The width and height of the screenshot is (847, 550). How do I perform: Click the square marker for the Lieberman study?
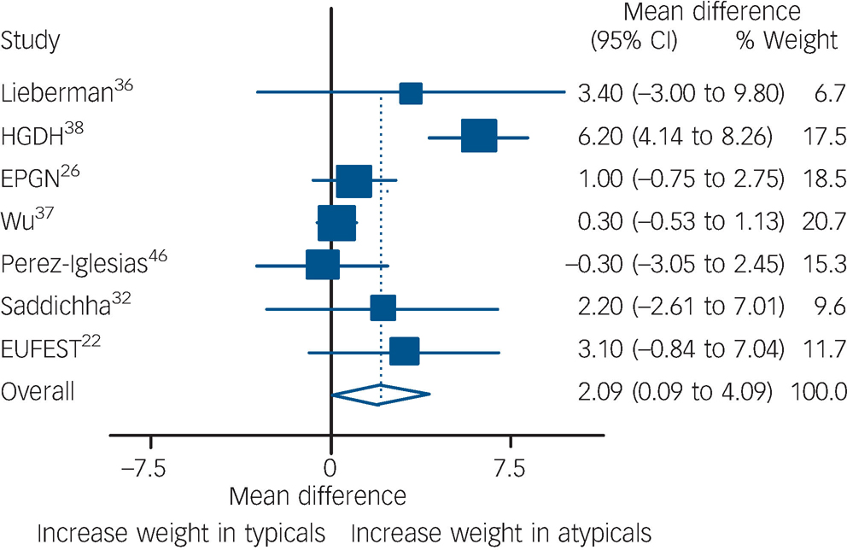tap(411, 94)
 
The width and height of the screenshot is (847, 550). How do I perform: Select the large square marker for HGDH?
tap(478, 137)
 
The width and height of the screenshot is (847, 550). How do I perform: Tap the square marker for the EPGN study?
tap(354, 181)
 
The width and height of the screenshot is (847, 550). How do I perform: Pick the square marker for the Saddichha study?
tap(383, 308)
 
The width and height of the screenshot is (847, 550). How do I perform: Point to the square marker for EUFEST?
tap(405, 351)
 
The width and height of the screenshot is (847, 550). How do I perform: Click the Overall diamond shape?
tap(381, 394)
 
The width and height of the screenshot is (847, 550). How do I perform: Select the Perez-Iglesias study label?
tap(83, 265)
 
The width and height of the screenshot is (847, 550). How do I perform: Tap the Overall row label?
tap(38, 393)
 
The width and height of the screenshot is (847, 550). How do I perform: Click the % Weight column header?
tap(786, 40)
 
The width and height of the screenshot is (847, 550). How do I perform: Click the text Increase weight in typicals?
tap(181, 531)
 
